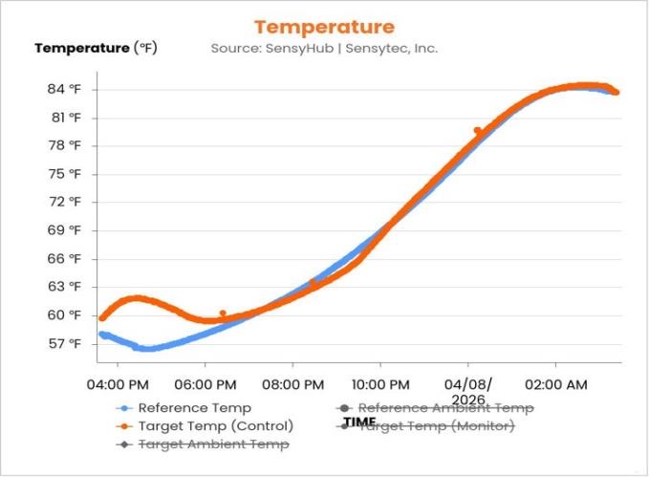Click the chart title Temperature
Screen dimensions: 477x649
(324, 27)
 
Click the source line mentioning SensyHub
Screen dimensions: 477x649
(324, 48)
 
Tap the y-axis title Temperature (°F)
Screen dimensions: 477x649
(96, 48)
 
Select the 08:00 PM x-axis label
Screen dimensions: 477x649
(292, 384)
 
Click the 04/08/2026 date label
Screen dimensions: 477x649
(467, 392)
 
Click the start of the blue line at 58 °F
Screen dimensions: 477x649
(101, 334)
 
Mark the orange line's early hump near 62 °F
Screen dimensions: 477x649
(139, 298)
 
